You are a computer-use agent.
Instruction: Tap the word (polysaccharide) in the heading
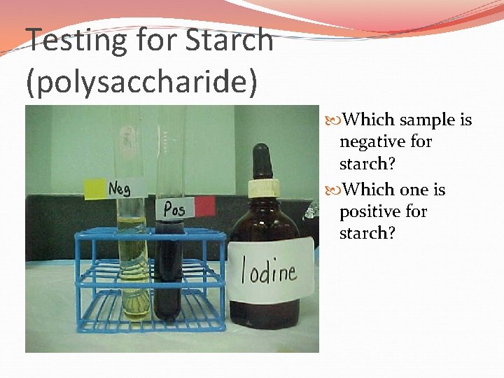point(141,81)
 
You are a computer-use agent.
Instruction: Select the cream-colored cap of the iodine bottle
point(263,187)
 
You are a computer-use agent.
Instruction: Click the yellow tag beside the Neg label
point(93,188)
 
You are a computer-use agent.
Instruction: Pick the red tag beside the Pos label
point(204,206)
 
